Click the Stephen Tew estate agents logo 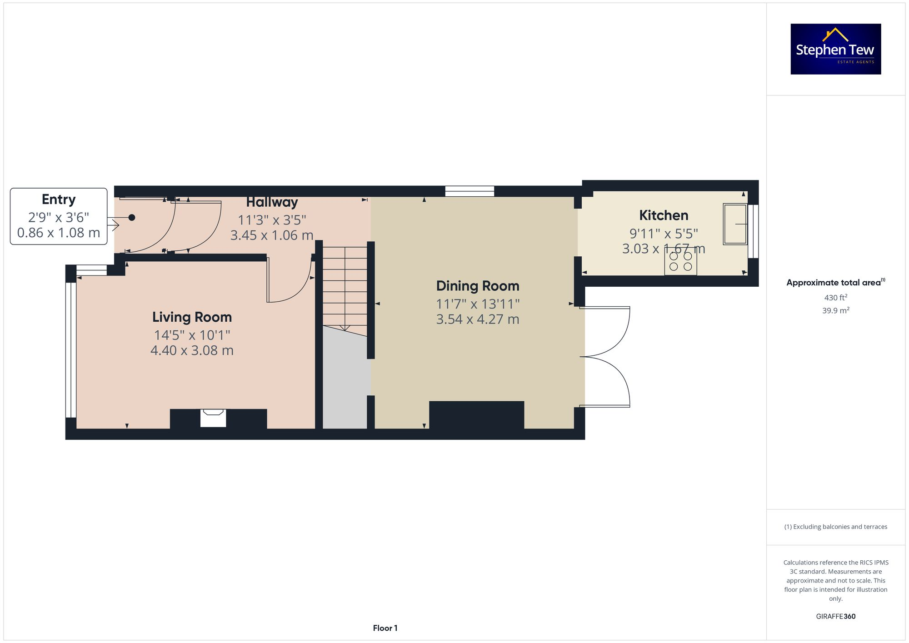tap(835, 49)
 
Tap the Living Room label tap(192, 317)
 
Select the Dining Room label tap(477, 286)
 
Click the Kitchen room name tap(663, 215)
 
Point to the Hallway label tap(272, 202)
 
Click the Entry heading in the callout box tap(59, 199)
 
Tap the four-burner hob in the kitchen tap(680, 262)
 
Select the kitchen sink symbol tap(735, 224)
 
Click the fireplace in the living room tap(213, 418)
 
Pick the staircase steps tap(345, 286)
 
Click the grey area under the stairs tap(345, 382)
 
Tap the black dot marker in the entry tap(132, 218)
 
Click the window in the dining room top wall tap(469, 191)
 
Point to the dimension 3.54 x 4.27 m tap(477, 319)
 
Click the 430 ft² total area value tap(835, 298)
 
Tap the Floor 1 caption tap(385, 628)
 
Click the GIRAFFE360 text tap(835, 616)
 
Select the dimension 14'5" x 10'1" tap(192, 335)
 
